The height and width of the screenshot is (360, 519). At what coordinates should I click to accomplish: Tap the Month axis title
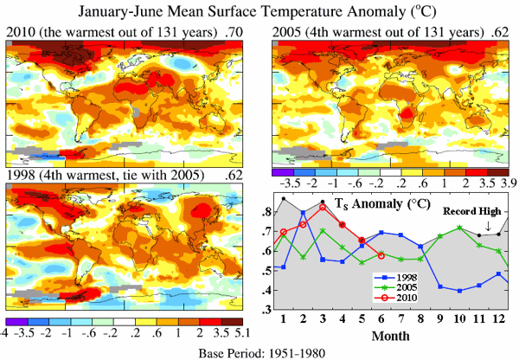pos(392,335)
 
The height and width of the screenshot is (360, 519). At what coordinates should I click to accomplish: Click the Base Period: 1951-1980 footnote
pos(259,350)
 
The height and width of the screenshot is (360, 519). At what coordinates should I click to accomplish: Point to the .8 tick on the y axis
pos(267,211)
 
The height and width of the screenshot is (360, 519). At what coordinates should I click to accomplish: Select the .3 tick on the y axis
pos(267,310)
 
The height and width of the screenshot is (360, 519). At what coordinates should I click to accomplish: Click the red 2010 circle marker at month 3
pos(323,207)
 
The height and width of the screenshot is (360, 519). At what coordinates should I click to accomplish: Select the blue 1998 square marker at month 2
pos(303,213)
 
